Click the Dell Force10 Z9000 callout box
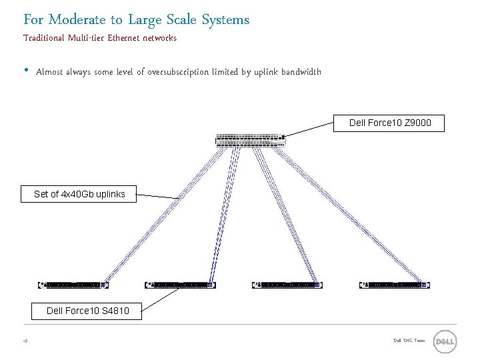tap(390, 123)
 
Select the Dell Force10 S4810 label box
tap(87, 311)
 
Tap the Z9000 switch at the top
tap(251, 140)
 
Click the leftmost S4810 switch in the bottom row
tap(73, 285)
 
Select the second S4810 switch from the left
tap(180, 285)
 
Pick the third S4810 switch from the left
tap(287, 285)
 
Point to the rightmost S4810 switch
tap(394, 285)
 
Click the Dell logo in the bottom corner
tap(445, 342)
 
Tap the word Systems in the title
tap(225, 20)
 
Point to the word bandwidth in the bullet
tap(301, 72)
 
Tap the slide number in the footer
tap(25, 341)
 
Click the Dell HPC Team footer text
tap(409, 341)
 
